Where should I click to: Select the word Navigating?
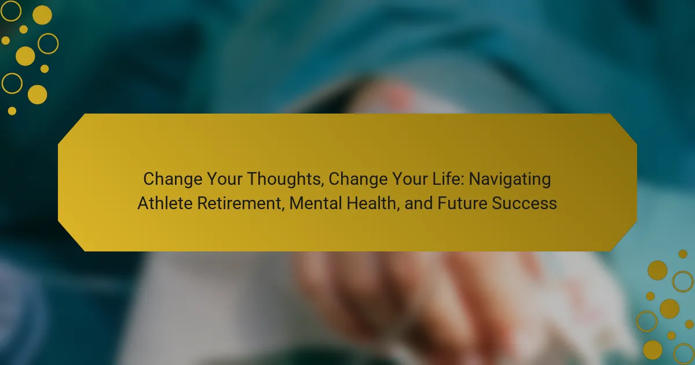click(x=510, y=180)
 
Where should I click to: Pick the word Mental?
click(x=315, y=203)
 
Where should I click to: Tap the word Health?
click(x=371, y=203)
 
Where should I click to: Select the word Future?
click(x=462, y=203)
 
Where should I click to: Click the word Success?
click(x=524, y=203)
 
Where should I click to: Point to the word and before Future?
click(x=419, y=203)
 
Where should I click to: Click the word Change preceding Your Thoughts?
click(x=173, y=180)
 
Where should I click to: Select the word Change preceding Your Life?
click(x=358, y=180)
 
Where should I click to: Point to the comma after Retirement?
click(x=283, y=209)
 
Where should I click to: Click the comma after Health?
click(x=398, y=209)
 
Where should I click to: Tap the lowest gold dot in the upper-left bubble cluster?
click(x=12, y=111)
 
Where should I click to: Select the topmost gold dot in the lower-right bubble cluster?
click(x=683, y=254)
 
